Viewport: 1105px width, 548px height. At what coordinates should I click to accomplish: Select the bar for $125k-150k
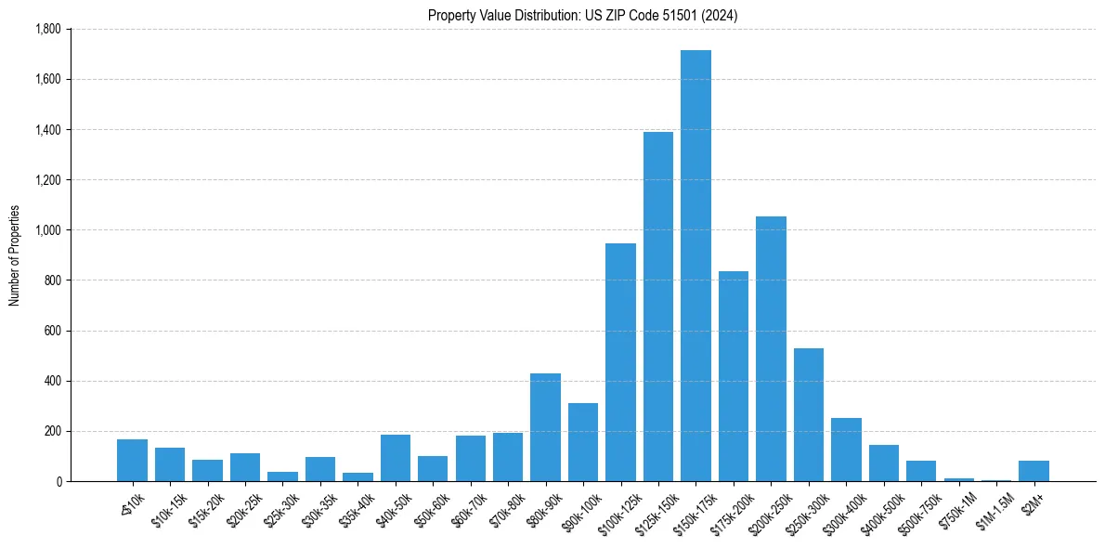pos(658,307)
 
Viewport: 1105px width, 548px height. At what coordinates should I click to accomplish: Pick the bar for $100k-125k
pos(620,362)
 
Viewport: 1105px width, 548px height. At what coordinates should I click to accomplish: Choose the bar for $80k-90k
pos(545,427)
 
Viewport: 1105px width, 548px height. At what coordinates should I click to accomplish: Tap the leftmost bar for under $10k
pos(132,460)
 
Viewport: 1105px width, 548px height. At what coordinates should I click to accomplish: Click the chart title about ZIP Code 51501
pos(582,16)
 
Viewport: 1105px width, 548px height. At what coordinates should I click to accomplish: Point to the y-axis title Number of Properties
pos(14,255)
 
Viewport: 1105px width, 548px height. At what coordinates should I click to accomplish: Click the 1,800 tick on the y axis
pos(47,29)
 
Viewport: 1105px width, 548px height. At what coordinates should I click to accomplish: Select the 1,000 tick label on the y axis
pos(47,230)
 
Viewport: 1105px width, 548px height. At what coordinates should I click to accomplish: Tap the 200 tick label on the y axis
pos(52,431)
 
